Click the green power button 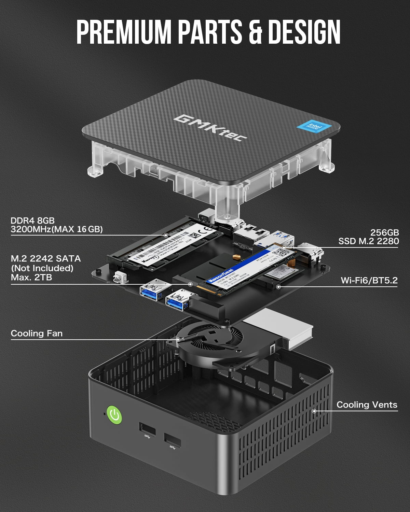(114, 415)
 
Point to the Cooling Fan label (37, 333)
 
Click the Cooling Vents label (367, 405)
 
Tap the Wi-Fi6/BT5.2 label (369, 281)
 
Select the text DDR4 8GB (32, 221)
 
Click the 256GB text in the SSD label (384, 232)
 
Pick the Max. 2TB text (31, 277)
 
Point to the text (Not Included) (42, 268)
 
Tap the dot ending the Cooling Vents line (314, 411)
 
